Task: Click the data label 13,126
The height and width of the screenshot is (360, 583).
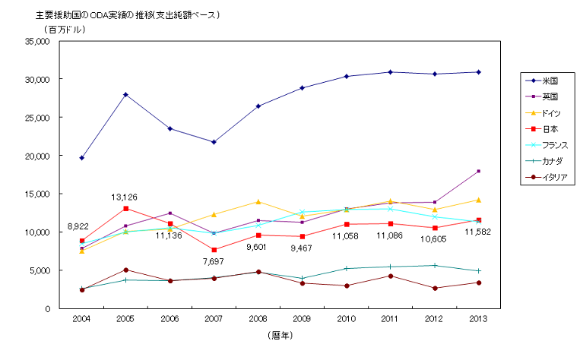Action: [x=125, y=197]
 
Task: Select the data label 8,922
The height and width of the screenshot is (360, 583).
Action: [x=81, y=226]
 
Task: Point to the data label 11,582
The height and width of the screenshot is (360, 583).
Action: [x=479, y=232]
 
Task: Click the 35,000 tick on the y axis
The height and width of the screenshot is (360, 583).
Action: [x=38, y=42]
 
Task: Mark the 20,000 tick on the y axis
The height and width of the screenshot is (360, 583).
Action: [x=38, y=156]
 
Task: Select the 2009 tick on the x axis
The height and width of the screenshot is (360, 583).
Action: [x=302, y=319]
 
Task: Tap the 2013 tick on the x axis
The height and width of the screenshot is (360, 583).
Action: [x=478, y=319]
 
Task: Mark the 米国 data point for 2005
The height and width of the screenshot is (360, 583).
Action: [x=125, y=95]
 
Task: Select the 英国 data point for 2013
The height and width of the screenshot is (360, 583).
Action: [x=478, y=172]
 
